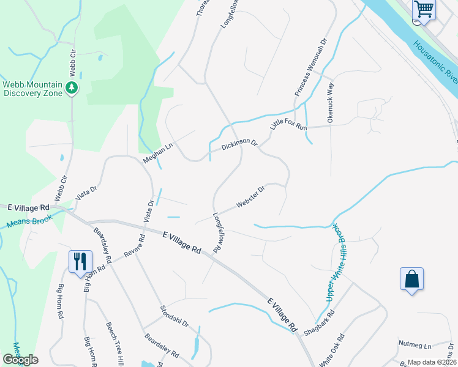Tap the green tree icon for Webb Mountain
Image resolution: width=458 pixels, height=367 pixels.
(72, 89)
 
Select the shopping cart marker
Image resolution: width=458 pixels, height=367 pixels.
(423, 10)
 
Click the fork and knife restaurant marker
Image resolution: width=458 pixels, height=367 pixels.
(80, 262)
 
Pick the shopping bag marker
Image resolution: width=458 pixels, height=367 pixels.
(412, 280)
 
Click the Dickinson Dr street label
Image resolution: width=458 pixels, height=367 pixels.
(239, 144)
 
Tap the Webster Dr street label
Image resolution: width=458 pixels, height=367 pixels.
(250, 197)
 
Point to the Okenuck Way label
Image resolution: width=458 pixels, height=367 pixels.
(331, 102)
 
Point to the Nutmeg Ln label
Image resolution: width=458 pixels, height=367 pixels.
(415, 346)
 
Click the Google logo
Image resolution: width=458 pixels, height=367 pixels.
(20, 360)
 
